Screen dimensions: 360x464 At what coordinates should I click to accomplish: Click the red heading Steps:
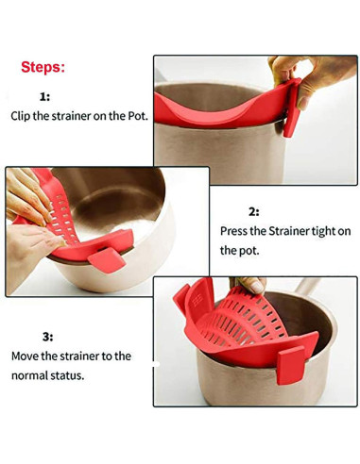(43, 67)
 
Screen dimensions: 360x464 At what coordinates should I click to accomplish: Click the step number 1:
(44, 96)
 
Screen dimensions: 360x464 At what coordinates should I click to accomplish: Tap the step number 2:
(254, 212)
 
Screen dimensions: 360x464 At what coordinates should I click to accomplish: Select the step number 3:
(48, 338)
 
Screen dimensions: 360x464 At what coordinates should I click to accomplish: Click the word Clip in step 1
(21, 116)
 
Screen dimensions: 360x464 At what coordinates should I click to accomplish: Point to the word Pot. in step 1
(138, 116)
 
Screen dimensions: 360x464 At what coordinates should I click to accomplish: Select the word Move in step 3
(25, 356)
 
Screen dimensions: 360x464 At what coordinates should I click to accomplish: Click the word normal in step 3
(28, 375)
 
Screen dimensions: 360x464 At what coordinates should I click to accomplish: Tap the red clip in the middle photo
(107, 259)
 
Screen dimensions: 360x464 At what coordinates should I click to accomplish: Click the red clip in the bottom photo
(291, 365)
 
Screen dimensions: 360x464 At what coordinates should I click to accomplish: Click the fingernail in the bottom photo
(257, 287)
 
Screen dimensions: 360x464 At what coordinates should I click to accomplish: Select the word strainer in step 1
(71, 116)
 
